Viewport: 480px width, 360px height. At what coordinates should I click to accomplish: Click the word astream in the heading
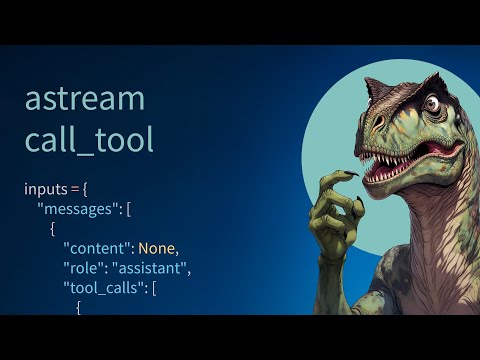point(85,99)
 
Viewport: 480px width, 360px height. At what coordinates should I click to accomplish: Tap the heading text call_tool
point(89,139)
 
